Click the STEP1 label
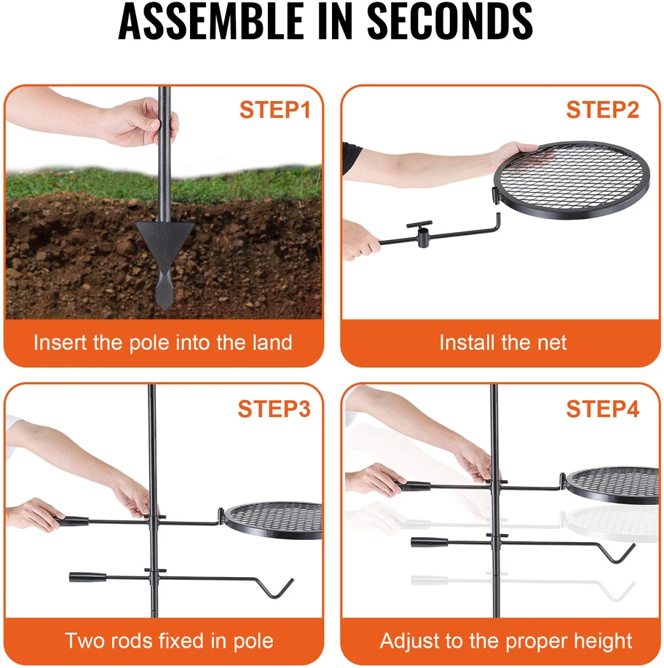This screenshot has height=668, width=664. pos(275,109)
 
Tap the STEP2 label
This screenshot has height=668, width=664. pos(603,109)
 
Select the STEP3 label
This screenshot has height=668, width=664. pos(274,408)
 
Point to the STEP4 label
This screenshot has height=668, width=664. pos(603,408)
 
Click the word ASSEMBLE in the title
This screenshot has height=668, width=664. pos(211,20)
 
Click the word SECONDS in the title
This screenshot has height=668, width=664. pos(450,20)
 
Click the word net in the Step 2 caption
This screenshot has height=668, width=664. pos(552,343)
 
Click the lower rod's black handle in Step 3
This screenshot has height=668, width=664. pos(88,577)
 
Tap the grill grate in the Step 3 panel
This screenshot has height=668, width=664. pos(273,520)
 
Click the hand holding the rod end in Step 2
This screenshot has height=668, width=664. pos(360,239)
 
